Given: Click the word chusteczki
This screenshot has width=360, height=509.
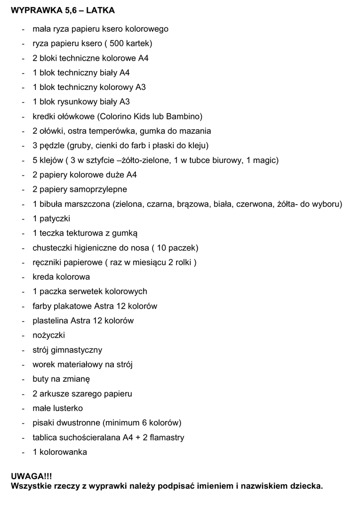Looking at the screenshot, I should pyautogui.click(x=55, y=248).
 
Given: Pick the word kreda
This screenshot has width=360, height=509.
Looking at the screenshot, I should pyautogui.click(x=43, y=277).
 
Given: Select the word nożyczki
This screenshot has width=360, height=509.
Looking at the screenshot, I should pyautogui.click(x=49, y=335).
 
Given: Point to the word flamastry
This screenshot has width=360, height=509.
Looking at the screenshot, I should pyautogui.click(x=166, y=437).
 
